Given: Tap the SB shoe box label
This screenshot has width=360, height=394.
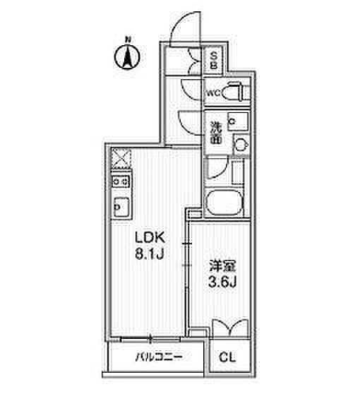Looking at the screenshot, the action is click(213, 60).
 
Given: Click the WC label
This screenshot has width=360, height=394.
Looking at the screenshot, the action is click(214, 94).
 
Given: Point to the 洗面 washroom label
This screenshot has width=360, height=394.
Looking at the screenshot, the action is click(215, 133).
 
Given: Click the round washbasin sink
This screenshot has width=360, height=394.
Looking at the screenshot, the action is click(241, 145).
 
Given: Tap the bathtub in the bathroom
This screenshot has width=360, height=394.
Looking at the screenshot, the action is click(224, 202).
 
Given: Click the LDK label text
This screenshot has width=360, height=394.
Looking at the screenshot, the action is click(150, 237).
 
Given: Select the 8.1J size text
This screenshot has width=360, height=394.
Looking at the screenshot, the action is click(150, 254).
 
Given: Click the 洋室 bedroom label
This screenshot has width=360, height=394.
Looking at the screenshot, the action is click(222, 267).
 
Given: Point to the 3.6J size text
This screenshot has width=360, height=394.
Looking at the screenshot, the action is click(222, 283).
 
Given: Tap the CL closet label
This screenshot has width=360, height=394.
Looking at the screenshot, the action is click(227, 357).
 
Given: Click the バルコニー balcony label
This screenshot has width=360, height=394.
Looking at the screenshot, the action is click(159, 357).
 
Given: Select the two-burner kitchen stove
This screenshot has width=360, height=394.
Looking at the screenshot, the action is click(121, 181).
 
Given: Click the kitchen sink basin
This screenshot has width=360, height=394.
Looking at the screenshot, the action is click(121, 208).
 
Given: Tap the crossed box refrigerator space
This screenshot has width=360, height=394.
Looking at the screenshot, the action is click(121, 159).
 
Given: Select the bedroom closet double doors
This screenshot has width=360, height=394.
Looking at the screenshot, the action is click(230, 328).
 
